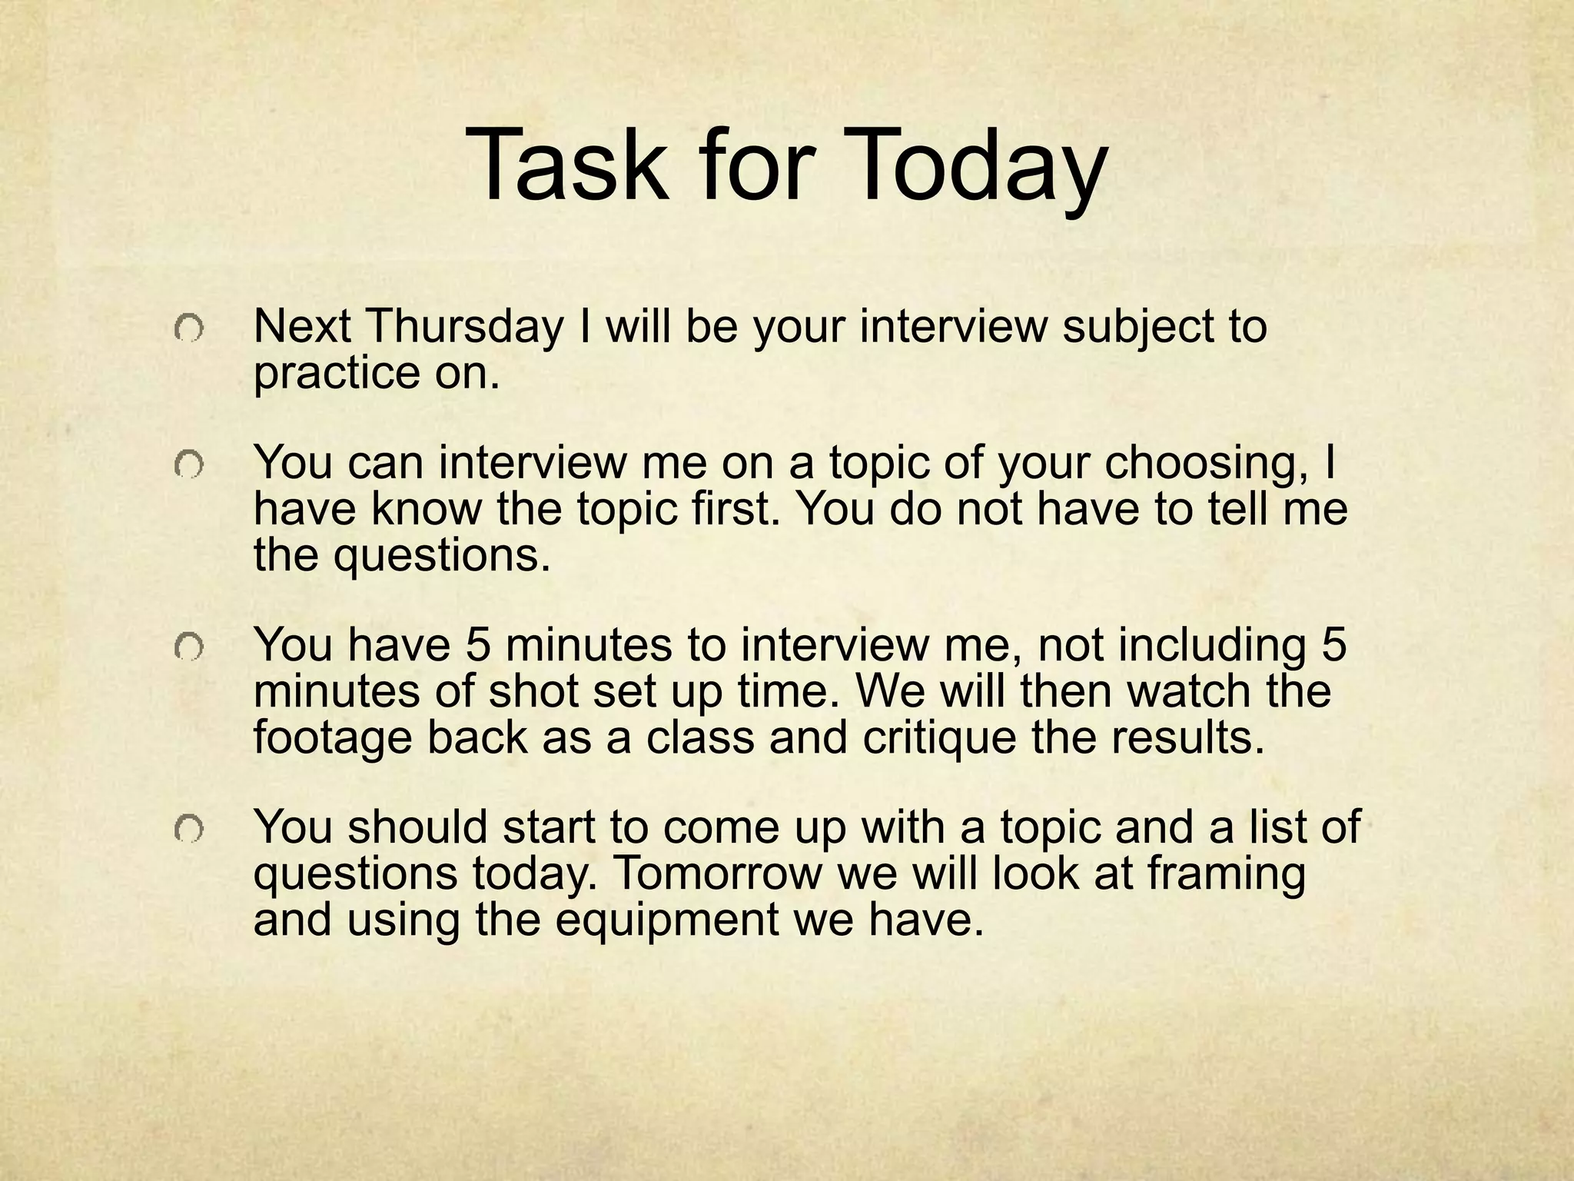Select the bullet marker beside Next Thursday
[x=188, y=330]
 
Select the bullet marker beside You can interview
[x=188, y=466]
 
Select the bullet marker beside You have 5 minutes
[x=188, y=649]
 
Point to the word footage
[x=334, y=737]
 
